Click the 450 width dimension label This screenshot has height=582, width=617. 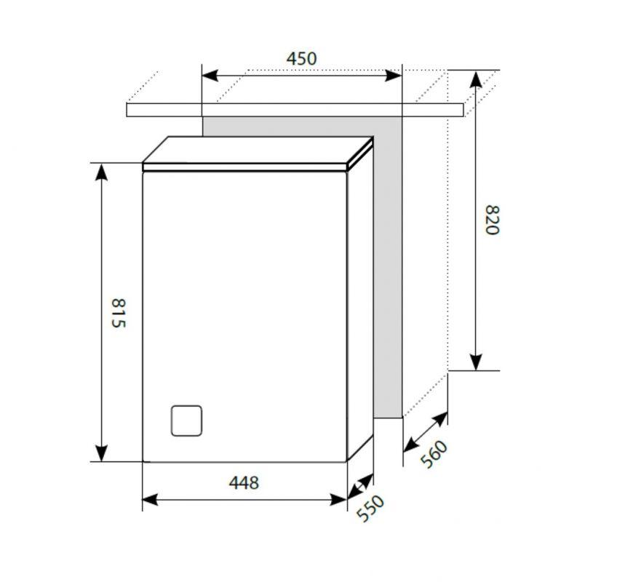(x=301, y=59)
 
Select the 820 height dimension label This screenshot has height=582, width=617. (x=493, y=220)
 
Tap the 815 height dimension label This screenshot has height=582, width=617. (x=118, y=314)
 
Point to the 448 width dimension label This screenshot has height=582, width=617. (x=244, y=482)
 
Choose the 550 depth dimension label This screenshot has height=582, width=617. (x=370, y=509)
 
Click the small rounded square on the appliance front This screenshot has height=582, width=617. (x=186, y=420)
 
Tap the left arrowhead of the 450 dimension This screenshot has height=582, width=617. (x=210, y=75)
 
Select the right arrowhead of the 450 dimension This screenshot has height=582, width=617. (x=393, y=75)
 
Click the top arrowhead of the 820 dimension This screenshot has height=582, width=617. (x=476, y=79)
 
